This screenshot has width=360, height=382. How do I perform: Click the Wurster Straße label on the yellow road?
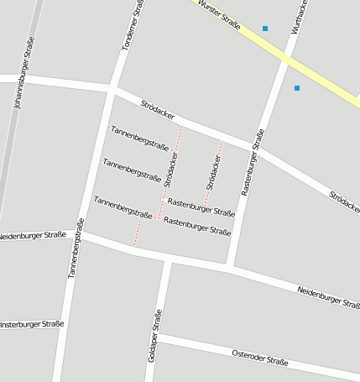[x=219, y=15]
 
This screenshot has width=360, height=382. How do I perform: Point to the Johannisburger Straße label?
[x=23, y=73]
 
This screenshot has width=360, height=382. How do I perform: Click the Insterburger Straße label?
[x=30, y=324]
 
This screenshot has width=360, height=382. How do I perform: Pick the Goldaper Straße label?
[x=154, y=336]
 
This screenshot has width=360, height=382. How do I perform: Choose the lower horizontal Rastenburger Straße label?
[x=197, y=225]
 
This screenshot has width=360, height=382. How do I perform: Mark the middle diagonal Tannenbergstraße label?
[x=132, y=170]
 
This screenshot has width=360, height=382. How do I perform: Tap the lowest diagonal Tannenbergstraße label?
[x=123, y=207]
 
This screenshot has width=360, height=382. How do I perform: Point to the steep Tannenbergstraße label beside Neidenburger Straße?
[x=76, y=248]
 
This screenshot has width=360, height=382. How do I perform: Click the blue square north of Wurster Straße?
[x=265, y=29]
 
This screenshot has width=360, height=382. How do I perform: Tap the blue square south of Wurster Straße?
[x=297, y=87]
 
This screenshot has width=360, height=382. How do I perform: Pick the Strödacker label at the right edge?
[x=345, y=201]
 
